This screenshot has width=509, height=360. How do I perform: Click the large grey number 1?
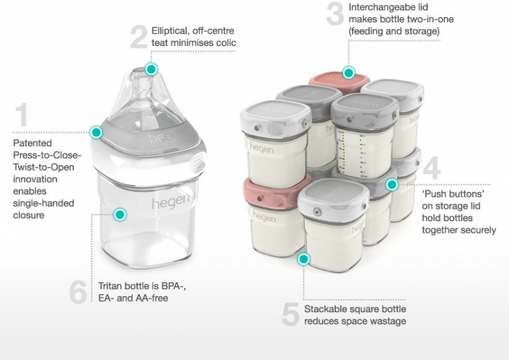[x=21, y=114]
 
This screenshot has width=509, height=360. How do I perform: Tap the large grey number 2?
[x=139, y=37]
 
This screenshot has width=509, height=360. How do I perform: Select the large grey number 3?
[x=335, y=13]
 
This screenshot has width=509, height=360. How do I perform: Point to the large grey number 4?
[x=432, y=168]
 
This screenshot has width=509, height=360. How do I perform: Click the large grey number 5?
[x=291, y=314]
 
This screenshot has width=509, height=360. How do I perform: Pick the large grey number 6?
[x=79, y=292]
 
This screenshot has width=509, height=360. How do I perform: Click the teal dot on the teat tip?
[x=150, y=69]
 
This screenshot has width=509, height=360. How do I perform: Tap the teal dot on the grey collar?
[x=96, y=132]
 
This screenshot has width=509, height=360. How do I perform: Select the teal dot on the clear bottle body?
[x=120, y=214]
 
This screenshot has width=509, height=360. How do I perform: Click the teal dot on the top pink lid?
[x=349, y=73]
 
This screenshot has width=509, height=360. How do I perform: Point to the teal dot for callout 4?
[x=392, y=184]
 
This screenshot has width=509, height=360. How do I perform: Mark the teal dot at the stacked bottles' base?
[x=304, y=259]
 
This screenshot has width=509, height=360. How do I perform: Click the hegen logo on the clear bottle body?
[x=170, y=202]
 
